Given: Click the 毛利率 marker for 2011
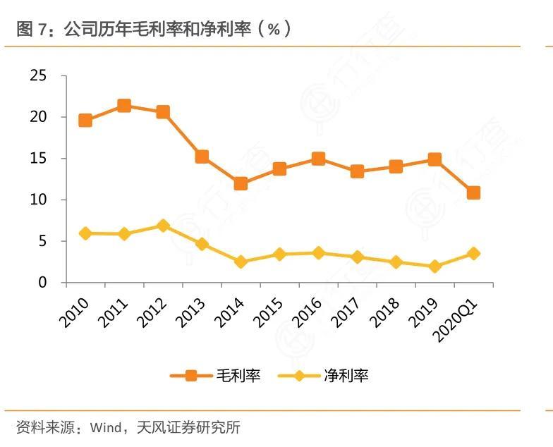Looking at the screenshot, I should click(124, 106).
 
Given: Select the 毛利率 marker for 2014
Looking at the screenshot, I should click(241, 184).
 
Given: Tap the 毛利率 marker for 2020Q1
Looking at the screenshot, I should click(473, 192).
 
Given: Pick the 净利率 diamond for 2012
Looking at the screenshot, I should click(163, 226).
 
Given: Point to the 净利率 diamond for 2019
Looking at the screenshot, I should click(435, 267).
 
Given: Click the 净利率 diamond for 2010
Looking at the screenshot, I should click(85, 233).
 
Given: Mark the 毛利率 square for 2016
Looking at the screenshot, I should click(318, 159).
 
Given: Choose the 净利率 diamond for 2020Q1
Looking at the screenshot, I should click(473, 254).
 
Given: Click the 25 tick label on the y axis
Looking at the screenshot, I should click(39, 75).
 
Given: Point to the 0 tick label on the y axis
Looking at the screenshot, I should click(43, 283).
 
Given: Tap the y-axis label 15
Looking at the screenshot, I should click(39, 159).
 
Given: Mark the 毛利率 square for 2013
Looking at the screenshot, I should click(202, 157).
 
